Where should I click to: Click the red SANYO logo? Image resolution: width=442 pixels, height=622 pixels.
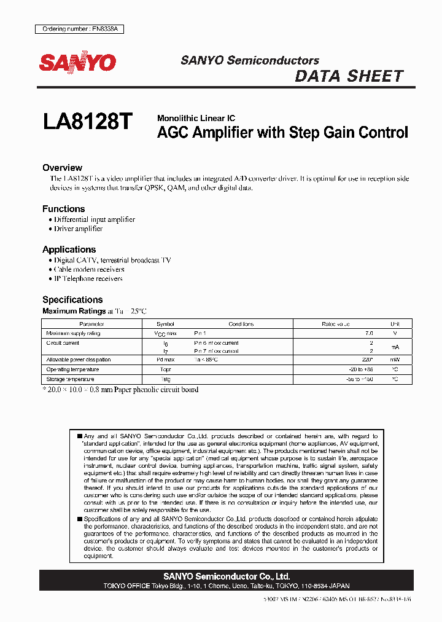(x=77, y=63)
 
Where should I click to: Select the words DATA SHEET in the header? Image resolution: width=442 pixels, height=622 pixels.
(x=349, y=76)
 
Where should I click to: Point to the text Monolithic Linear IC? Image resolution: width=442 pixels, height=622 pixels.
(x=196, y=118)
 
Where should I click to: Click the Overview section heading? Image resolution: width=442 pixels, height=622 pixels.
(x=62, y=168)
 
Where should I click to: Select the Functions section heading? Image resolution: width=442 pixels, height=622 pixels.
(x=63, y=209)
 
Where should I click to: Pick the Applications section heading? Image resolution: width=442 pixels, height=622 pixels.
(x=69, y=250)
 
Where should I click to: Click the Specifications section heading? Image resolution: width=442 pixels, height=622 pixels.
(x=72, y=300)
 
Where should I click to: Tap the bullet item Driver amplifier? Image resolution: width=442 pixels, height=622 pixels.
(x=78, y=229)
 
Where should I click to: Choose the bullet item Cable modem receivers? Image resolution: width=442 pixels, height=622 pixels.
(x=88, y=269)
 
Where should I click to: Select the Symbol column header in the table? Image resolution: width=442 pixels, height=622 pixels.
(x=165, y=324)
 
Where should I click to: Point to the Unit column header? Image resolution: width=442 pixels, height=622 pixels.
(x=395, y=324)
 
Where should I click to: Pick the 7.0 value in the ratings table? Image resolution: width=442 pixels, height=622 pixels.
(x=368, y=333)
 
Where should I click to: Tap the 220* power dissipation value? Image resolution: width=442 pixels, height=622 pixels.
(x=366, y=360)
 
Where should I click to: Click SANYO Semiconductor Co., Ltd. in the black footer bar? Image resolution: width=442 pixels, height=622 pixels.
(x=227, y=577)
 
